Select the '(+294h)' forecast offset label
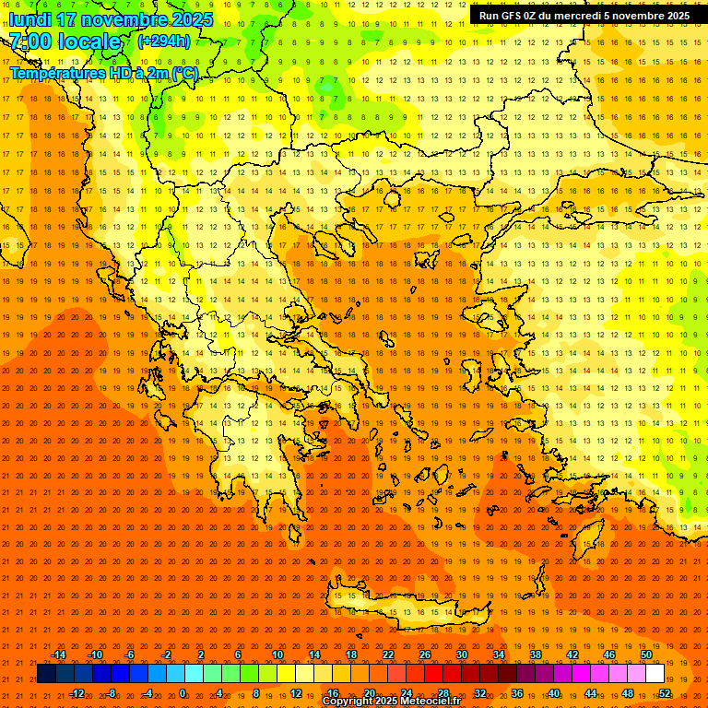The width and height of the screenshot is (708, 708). [164, 41]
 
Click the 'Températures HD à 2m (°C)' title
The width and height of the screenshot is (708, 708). [103, 73]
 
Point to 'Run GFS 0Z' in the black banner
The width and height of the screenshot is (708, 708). [508, 16]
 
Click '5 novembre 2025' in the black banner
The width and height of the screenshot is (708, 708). [646, 16]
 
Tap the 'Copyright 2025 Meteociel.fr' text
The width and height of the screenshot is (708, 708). [391, 702]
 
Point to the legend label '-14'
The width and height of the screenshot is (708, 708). [58, 655]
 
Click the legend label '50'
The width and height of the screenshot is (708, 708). [646, 655]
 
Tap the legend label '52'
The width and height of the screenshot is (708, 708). [665, 693]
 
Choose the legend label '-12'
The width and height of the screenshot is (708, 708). [77, 693]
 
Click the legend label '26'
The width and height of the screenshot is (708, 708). [425, 655]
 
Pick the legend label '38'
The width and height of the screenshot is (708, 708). [536, 655]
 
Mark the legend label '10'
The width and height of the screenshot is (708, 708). [277, 655]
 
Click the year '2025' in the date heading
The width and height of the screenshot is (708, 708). [192, 19]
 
